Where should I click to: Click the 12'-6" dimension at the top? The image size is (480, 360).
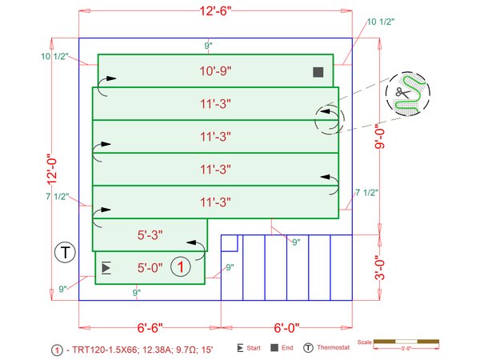coord(215,11)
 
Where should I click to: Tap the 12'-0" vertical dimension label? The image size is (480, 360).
coord(52,169)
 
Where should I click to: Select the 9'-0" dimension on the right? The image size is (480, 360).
coord(379,138)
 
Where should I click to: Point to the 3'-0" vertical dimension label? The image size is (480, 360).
coord(379,268)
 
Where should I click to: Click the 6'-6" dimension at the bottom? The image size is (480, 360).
coord(150,328)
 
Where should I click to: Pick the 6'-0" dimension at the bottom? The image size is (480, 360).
coord(286,328)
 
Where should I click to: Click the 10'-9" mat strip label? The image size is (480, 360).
coord(215,71)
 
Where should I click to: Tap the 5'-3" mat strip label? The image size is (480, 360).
coord(150,235)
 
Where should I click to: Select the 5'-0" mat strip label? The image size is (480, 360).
coord(150,268)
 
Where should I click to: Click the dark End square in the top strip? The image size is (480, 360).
coord(318,72)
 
